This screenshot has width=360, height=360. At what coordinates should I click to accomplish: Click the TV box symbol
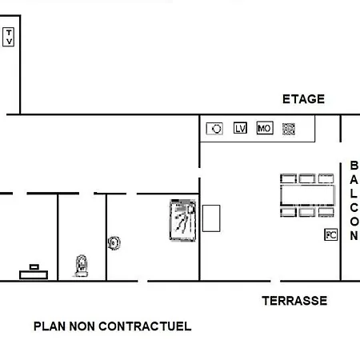pos(8,37)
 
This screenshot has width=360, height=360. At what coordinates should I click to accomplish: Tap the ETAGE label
pos(303,99)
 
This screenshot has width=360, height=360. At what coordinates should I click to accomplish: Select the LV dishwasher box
pos(240,128)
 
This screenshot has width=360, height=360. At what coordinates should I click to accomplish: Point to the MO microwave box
pos(265,128)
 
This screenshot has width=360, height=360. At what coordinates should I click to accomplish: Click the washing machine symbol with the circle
pos(214,129)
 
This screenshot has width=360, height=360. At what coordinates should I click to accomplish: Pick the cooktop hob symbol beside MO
pos(289,129)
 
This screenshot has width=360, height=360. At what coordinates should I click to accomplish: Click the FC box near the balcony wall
pos(330,235)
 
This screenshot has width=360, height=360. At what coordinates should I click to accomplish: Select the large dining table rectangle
pos(308,195)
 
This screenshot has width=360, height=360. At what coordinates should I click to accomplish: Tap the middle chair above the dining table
pos(307,178)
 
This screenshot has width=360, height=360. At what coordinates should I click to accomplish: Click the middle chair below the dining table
pos(307,212)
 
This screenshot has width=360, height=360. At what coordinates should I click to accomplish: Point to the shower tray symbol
pos(183,220)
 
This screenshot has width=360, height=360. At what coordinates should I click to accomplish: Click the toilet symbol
pos(82,266)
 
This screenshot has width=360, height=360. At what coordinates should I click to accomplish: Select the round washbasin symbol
pos(114,243)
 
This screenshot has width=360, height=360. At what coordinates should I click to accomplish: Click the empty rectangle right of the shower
pos(211,218)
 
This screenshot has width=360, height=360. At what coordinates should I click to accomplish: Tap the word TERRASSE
pos(294,301)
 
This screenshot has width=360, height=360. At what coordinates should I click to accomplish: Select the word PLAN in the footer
pos(50,326)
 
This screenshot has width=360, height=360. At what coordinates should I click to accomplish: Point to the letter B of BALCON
pos(354,166)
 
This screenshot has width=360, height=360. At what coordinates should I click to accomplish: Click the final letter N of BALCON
pos(354,235)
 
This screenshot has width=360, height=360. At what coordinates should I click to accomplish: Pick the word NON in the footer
pos(82,326)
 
